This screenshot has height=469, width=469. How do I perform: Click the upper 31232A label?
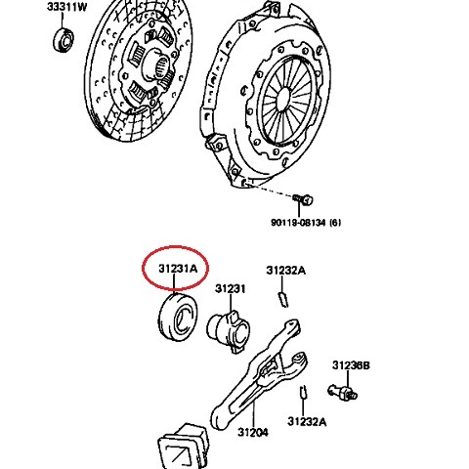pyautogui.click(x=285, y=270)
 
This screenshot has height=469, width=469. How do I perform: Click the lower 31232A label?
pyautogui.click(x=307, y=422)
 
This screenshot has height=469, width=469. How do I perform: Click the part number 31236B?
pyautogui.click(x=350, y=364)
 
